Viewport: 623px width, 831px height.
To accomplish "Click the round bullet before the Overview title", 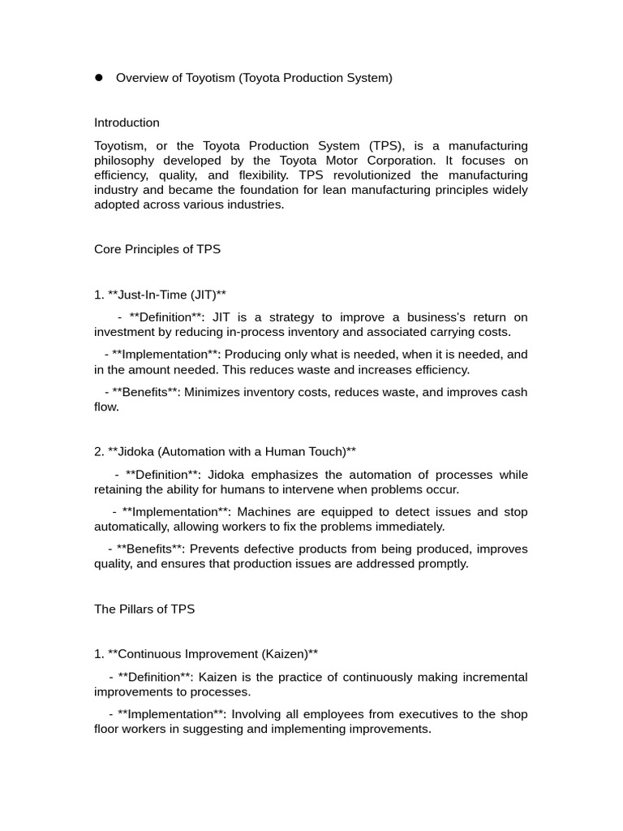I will click(x=99, y=78).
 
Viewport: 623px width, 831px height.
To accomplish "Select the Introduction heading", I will click(x=127, y=123).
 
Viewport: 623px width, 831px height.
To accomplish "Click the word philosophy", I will click(x=126, y=161).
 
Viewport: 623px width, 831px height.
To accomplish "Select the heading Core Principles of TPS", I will click(x=157, y=249).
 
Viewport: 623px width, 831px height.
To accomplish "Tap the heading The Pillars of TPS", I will click(x=144, y=609).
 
